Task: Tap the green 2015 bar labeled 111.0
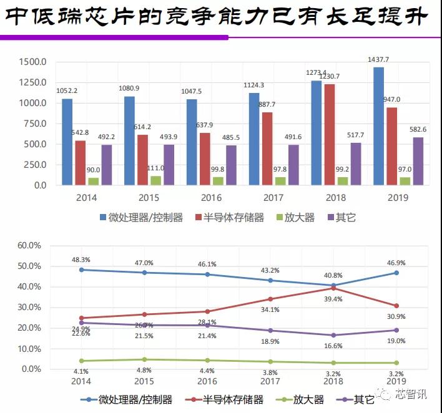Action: [x=155, y=180]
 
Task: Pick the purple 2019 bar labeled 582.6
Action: [x=418, y=161]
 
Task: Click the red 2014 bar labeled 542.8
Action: [x=80, y=163]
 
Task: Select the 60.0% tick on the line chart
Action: [x=27, y=245]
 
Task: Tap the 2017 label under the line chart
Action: [x=269, y=381]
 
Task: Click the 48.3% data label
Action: [x=82, y=259]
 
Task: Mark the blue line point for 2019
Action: [x=395, y=273]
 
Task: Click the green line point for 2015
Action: [x=144, y=359]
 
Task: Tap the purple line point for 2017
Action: [x=270, y=330]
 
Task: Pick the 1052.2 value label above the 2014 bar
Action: [x=67, y=90]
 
